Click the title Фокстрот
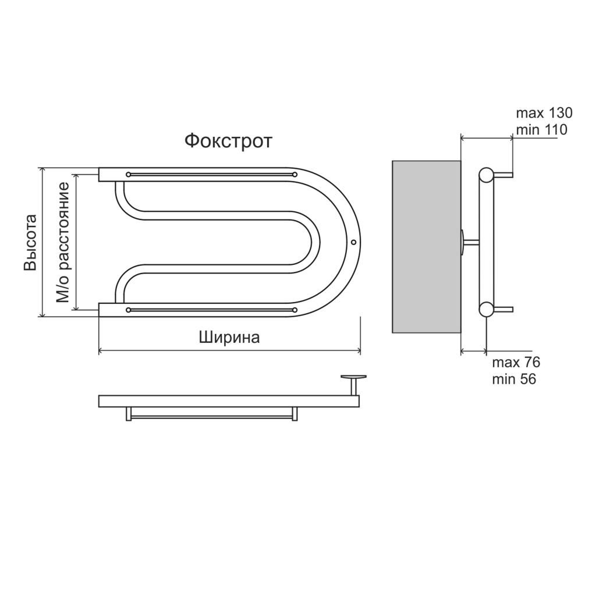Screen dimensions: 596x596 (x=228, y=141)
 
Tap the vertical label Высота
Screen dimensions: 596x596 (x=30, y=243)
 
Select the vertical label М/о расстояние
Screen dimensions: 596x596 (x=63, y=243)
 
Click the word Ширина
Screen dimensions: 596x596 (x=229, y=337)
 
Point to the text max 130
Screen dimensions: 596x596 (x=544, y=113)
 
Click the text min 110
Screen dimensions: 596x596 (x=541, y=130)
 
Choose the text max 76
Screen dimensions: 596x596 (x=516, y=362)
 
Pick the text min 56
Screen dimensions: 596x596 (x=514, y=379)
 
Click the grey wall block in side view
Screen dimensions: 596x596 (x=427, y=247)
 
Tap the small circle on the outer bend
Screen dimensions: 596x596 (x=353, y=242)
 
